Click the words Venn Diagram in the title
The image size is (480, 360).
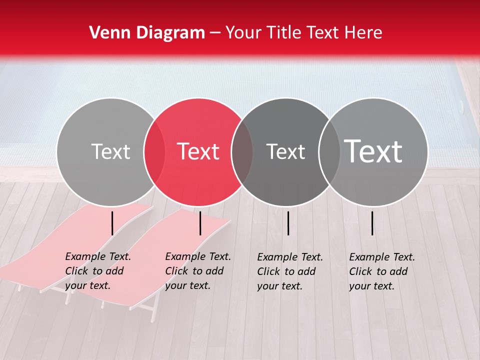[x=147, y=33]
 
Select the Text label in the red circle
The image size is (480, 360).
[x=198, y=151]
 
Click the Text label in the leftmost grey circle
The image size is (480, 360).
[x=110, y=151]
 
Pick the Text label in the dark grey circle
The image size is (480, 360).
[x=285, y=151]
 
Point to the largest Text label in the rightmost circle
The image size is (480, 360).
[x=373, y=151]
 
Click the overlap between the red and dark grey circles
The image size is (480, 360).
[x=241, y=151]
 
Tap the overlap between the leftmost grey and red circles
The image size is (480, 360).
[x=154, y=151]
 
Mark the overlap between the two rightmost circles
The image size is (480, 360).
[x=329, y=151]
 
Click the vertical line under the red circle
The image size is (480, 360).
[x=200, y=223]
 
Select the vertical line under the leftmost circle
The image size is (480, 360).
[x=112, y=223]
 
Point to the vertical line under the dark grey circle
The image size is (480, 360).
[x=288, y=223]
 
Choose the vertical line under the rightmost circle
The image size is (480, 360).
[x=372, y=223]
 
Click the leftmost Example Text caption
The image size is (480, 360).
[x=98, y=271]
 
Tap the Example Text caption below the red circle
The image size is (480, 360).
[x=198, y=271]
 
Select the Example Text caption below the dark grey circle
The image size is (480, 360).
[x=290, y=271]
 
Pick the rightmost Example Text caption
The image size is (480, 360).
[x=382, y=271]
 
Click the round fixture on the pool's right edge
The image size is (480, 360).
[x=461, y=105]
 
